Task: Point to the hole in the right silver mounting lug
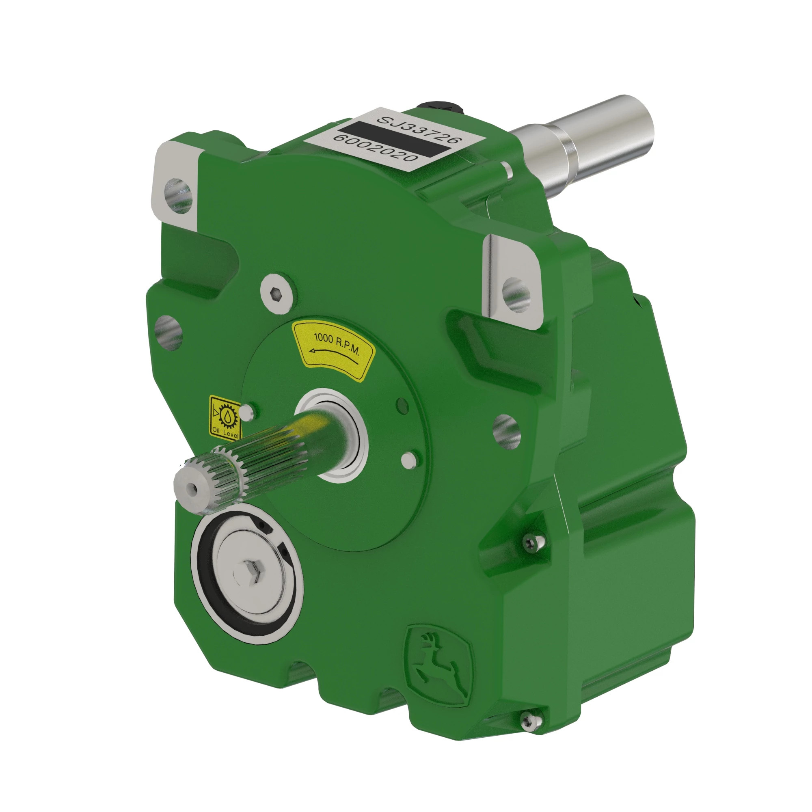click(x=516, y=294)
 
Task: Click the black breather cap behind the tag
click(x=441, y=108)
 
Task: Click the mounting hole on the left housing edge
click(x=168, y=333)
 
